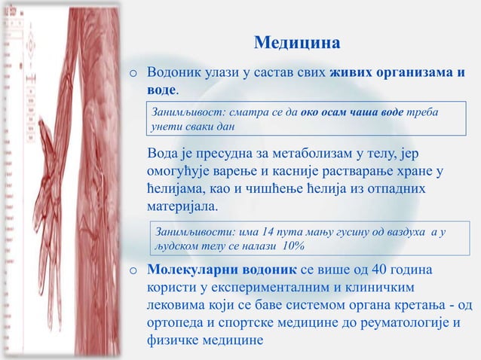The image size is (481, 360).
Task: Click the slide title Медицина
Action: [x=296, y=41]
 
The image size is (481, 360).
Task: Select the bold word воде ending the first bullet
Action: [x=161, y=90]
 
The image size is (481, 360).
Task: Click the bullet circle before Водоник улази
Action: [x=132, y=75]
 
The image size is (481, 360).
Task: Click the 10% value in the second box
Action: [x=293, y=246]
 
